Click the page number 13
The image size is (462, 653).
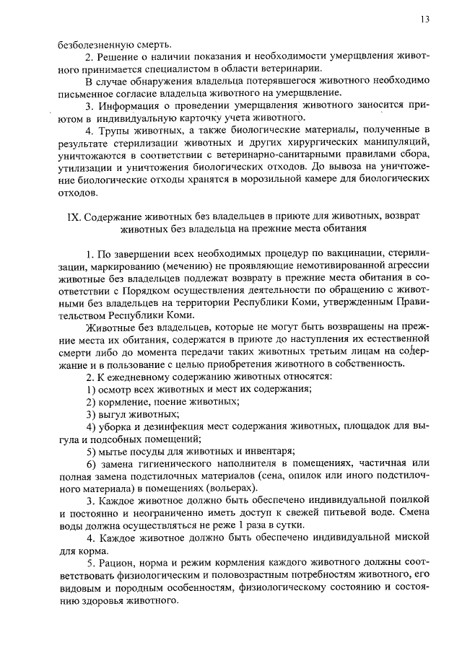(x=424, y=19)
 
